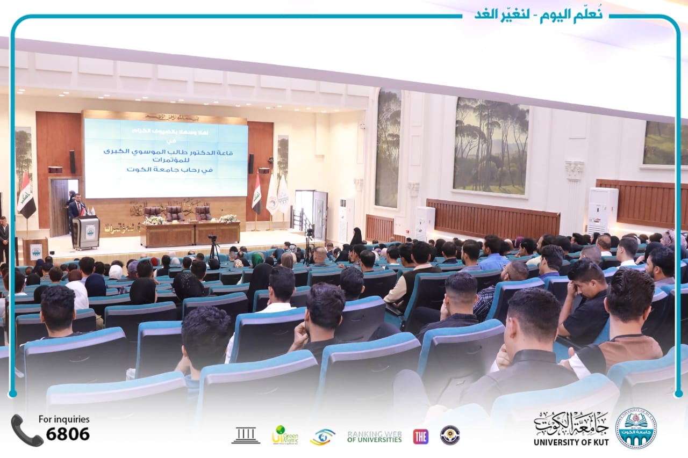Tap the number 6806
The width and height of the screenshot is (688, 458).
pos(68,434)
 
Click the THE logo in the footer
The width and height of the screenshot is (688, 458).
pos(420,436)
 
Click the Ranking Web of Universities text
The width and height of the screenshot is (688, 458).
pos(374,436)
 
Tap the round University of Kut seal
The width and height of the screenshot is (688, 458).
pos(636,428)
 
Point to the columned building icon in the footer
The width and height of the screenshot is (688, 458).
pos(246,435)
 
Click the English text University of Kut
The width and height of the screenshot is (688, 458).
pos(570,442)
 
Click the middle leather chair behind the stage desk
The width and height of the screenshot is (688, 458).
pos(174,213)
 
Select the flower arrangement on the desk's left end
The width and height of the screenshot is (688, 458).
pos(154,220)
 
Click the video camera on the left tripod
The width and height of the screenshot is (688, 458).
pos(213,238)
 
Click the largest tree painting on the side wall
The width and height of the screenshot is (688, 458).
pos(491,146)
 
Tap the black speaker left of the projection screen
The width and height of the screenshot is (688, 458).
pos(72,162)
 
